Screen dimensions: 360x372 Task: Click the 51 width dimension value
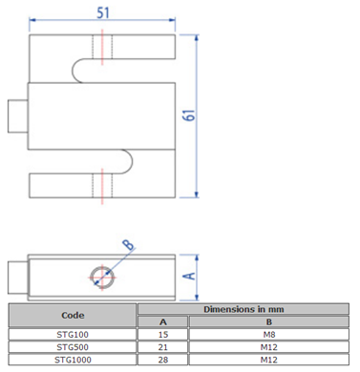tap(103, 12)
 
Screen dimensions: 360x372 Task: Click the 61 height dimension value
tap(189, 114)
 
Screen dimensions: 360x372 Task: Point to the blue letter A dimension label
tap(190, 276)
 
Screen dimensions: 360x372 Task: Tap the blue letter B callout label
tap(129, 244)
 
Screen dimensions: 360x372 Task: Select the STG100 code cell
tap(73, 334)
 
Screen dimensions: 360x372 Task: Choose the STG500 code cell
tap(73, 347)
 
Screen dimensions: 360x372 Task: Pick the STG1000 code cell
tap(73, 360)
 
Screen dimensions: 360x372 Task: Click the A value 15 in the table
tap(162, 334)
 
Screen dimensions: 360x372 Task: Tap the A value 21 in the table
tap(162, 347)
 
